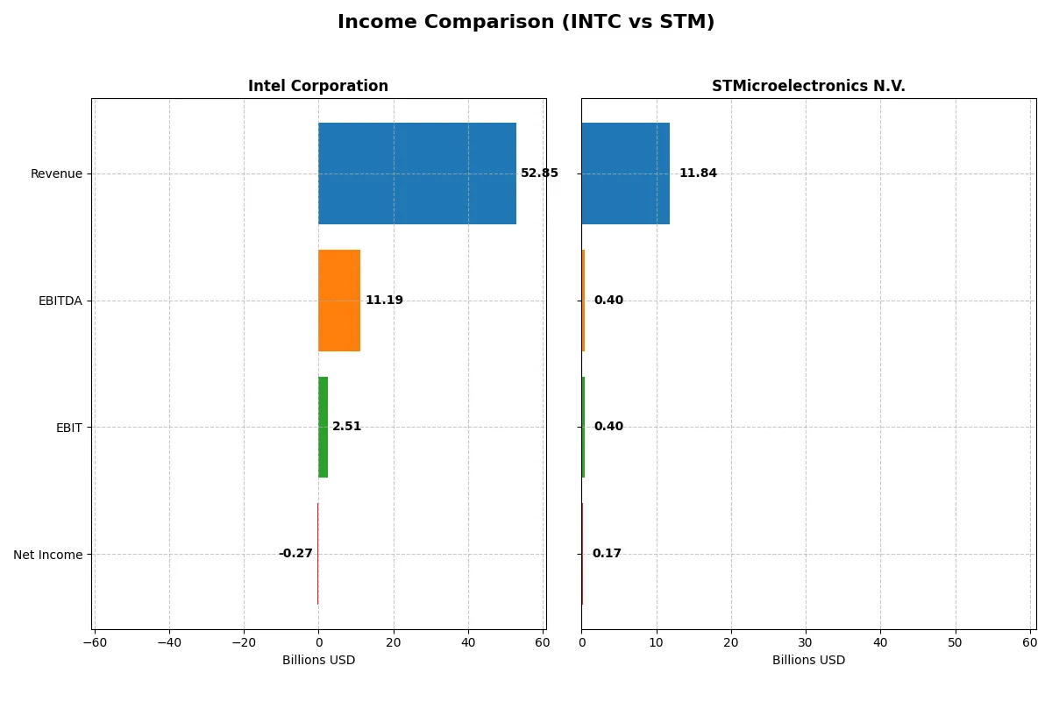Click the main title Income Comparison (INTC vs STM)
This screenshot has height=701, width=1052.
click(526, 23)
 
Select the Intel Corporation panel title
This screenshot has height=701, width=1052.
click(317, 87)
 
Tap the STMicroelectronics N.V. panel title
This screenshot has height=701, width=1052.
click(807, 87)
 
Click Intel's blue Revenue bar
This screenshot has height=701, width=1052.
click(416, 173)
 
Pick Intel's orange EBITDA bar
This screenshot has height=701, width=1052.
click(338, 301)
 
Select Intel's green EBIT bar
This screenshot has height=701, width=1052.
click(323, 428)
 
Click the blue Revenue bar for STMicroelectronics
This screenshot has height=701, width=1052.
click(625, 173)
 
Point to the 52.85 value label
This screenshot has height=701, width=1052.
click(539, 173)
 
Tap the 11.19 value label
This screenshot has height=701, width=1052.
click(384, 301)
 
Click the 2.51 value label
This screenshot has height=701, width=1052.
click(346, 428)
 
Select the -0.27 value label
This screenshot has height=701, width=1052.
click(295, 554)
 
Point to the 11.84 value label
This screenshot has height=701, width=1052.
click(698, 173)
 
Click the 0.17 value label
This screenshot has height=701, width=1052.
click(607, 554)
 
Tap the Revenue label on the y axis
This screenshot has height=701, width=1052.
click(56, 174)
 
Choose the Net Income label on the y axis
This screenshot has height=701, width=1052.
click(48, 555)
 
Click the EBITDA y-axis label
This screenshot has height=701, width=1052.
click(60, 301)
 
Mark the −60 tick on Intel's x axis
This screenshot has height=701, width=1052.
click(94, 643)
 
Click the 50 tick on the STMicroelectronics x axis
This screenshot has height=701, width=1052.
click(955, 643)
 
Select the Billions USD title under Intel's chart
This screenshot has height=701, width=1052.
click(318, 661)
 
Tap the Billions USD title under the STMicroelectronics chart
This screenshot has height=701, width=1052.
click(808, 661)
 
